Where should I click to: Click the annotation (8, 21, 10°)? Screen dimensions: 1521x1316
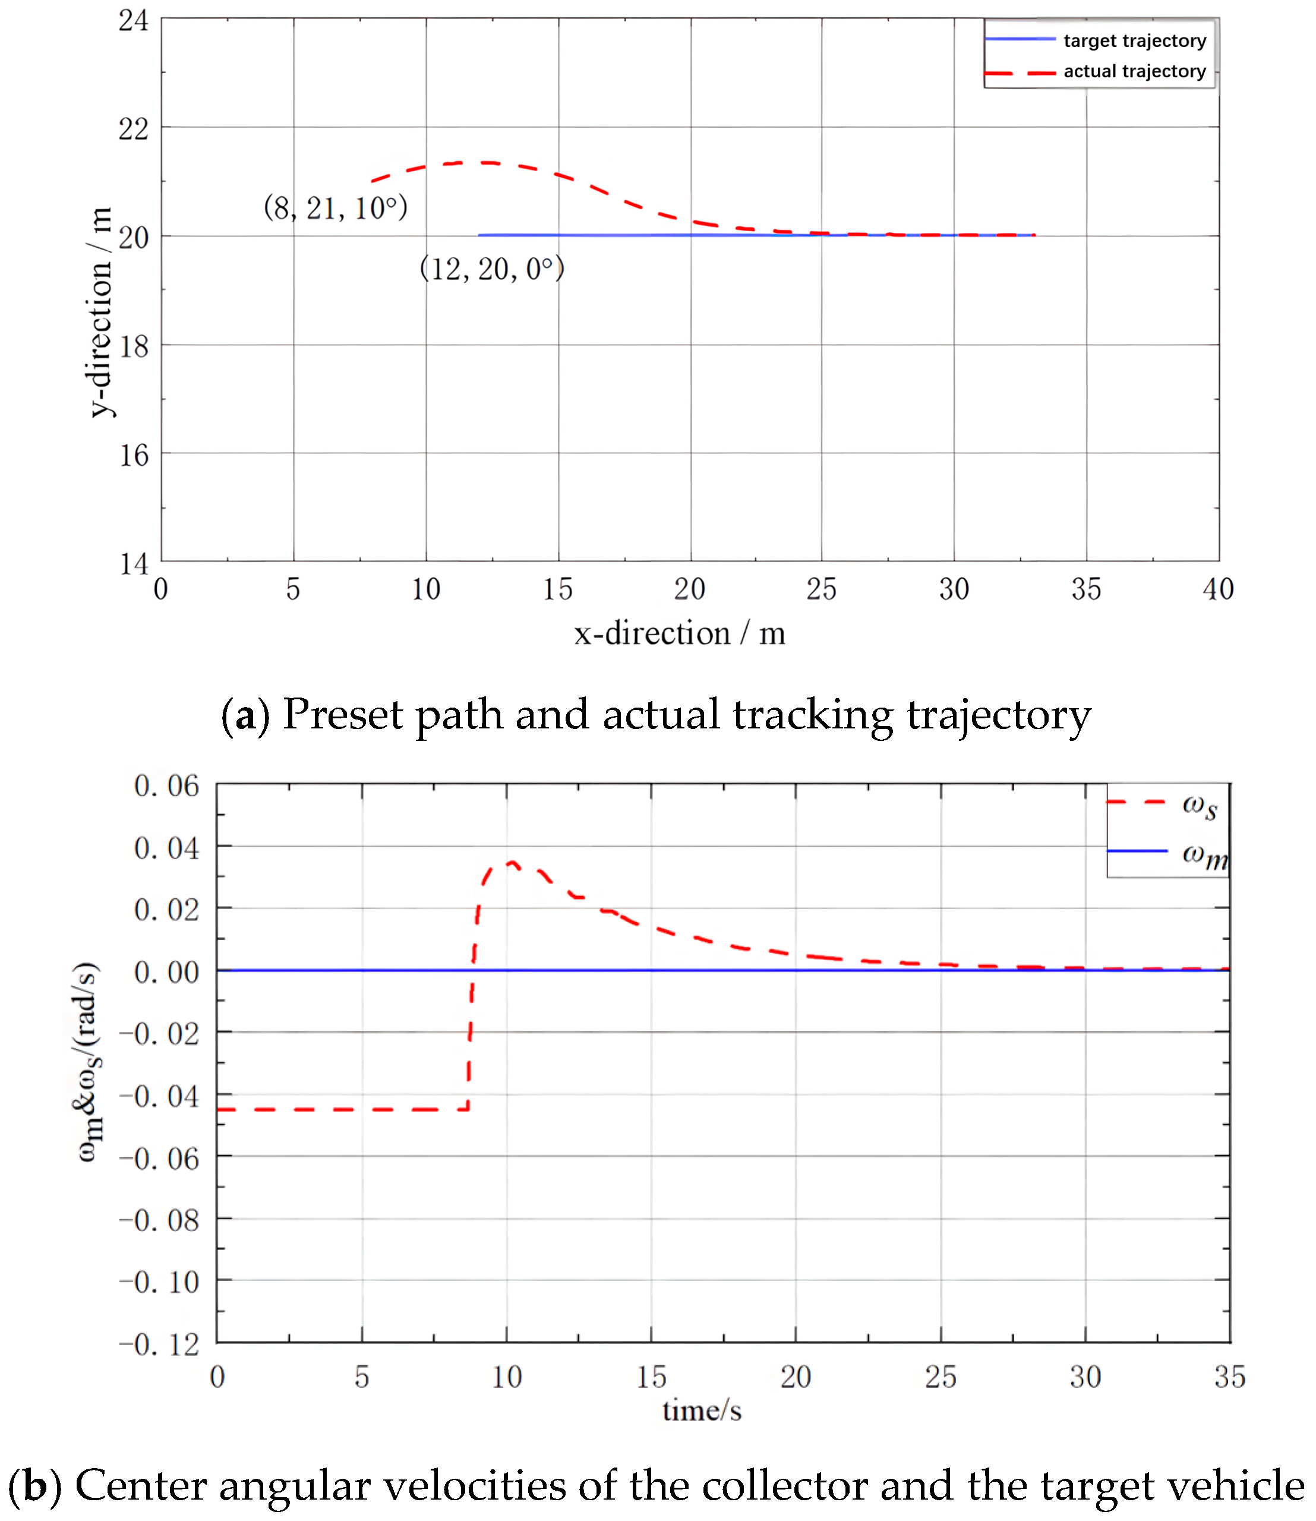point(335,209)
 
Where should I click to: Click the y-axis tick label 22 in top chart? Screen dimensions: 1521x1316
point(134,130)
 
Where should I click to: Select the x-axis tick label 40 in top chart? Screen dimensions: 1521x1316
point(1217,589)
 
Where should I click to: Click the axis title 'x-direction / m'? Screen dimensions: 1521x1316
point(679,634)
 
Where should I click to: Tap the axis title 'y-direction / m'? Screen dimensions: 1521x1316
point(100,312)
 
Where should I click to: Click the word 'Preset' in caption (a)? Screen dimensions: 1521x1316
point(342,715)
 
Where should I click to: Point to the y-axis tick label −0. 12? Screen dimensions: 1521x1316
point(159,1345)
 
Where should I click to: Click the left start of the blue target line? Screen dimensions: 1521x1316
point(479,235)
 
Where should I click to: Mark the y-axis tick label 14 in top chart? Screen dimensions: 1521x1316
point(134,564)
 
